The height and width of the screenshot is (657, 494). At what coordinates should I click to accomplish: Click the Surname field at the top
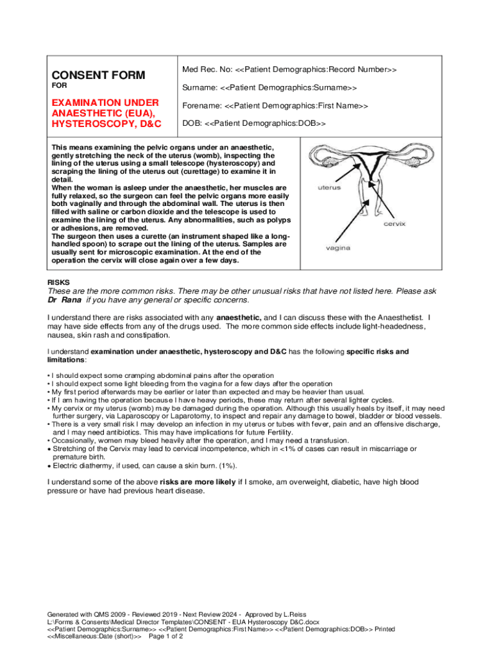269,87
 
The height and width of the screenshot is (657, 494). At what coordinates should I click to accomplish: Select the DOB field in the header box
254,123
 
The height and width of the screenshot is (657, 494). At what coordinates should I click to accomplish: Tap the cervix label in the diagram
394,224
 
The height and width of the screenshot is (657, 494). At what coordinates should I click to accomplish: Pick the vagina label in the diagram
337,248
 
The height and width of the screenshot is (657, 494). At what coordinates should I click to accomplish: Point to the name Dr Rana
65,300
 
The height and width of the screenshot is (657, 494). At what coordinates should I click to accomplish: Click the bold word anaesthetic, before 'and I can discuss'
239,317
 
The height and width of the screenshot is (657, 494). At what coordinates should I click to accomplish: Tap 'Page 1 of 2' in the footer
170,636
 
